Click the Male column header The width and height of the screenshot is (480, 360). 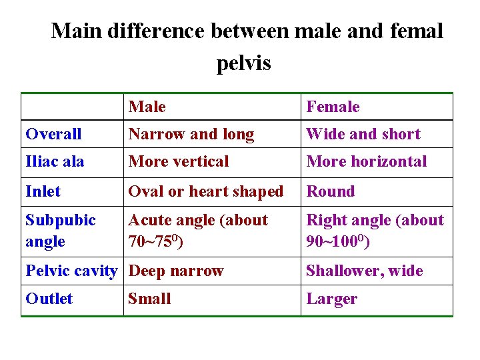click(x=147, y=107)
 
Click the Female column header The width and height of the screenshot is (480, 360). click(x=333, y=107)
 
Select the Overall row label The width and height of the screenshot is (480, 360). click(x=53, y=134)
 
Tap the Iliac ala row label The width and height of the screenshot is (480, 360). click(x=55, y=161)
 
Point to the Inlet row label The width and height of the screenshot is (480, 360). click(x=43, y=191)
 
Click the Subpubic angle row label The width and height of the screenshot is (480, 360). click(x=60, y=231)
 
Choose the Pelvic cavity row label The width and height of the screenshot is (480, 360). click(x=71, y=271)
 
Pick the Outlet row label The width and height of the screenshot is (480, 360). click(x=49, y=299)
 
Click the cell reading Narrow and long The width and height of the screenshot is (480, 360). click(x=191, y=134)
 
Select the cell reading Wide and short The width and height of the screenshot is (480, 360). click(x=363, y=134)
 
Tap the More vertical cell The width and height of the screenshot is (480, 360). click(x=179, y=161)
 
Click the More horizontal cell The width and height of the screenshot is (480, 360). click(x=367, y=161)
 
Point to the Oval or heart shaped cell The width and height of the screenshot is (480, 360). click(x=206, y=191)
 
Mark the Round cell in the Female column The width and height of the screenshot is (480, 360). click(x=331, y=191)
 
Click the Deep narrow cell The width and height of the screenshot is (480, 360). click(x=176, y=271)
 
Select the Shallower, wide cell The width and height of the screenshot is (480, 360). click(x=365, y=271)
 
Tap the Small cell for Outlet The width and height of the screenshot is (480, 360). click(x=149, y=299)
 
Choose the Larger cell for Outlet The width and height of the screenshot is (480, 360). click(x=331, y=299)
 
